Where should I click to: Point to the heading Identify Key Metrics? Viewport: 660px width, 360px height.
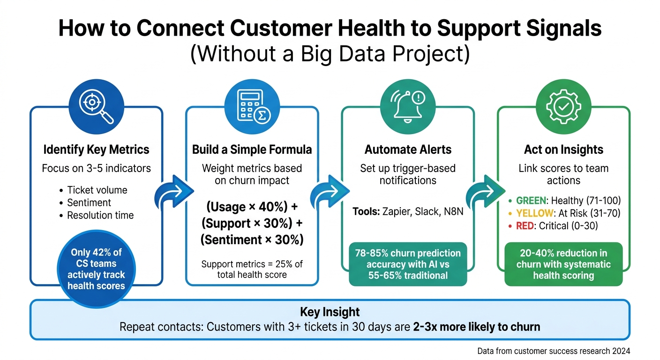(96, 150)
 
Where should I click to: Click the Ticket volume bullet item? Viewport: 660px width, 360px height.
(97, 190)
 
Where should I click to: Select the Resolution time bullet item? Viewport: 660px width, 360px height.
(100, 216)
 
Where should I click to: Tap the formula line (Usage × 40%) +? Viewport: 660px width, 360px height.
(252, 207)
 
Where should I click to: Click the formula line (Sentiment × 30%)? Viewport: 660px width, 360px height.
(252, 240)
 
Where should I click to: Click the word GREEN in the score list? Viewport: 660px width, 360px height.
(531, 201)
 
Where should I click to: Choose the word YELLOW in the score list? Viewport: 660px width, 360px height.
(534, 213)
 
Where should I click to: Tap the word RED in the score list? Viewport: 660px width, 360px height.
(525, 226)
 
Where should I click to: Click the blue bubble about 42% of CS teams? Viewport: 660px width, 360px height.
(96, 269)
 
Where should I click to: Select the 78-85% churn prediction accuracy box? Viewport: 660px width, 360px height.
(408, 264)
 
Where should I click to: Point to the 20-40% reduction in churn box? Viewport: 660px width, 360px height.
(563, 264)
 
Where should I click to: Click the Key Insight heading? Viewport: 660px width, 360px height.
(330, 312)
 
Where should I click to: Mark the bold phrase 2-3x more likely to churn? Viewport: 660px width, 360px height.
(476, 327)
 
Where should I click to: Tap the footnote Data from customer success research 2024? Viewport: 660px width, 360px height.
(554, 351)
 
